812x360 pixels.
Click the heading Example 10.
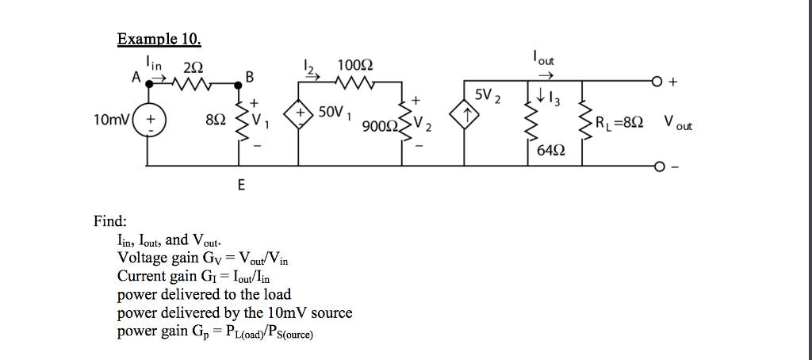159,39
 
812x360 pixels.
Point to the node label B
250,77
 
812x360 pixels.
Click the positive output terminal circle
657,81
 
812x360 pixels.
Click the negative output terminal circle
657,167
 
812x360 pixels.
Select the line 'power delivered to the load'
204,294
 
